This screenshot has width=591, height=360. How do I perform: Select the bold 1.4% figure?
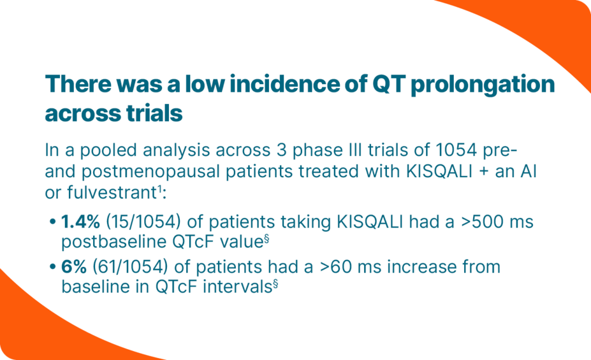[x=80, y=222]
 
